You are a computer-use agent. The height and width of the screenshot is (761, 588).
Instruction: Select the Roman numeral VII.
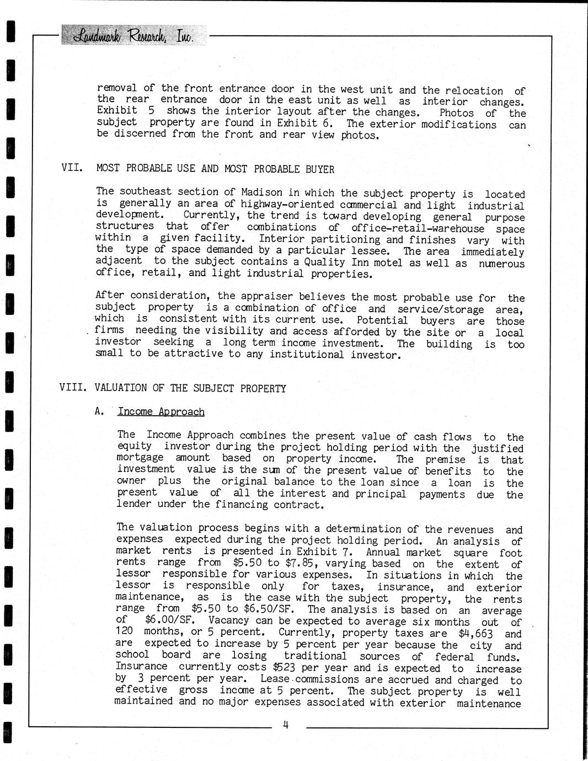(72, 168)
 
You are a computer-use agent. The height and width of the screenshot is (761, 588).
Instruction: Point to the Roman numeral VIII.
(73, 388)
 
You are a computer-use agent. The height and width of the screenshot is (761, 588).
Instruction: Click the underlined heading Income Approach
(161, 411)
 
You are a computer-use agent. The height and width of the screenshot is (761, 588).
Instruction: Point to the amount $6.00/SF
(166, 620)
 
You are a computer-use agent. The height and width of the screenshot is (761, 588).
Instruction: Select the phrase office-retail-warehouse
(418, 228)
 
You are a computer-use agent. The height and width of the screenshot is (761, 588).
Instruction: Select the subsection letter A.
(100, 411)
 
